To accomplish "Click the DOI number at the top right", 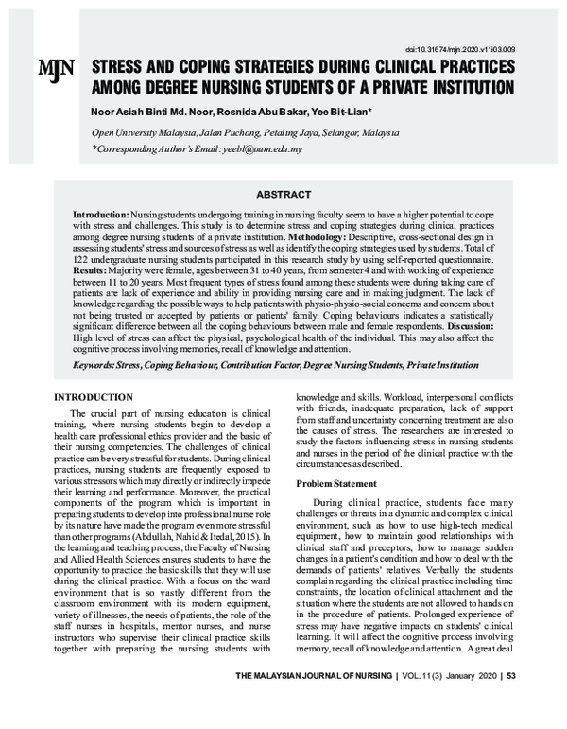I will pyautogui.click(x=459, y=48).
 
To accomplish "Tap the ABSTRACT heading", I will pyautogui.click(x=283, y=194).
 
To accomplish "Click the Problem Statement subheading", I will pyautogui.click(x=336, y=483).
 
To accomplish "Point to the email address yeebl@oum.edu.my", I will pyautogui.click(x=258, y=149).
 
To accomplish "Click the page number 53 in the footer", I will pyautogui.click(x=510, y=703).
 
